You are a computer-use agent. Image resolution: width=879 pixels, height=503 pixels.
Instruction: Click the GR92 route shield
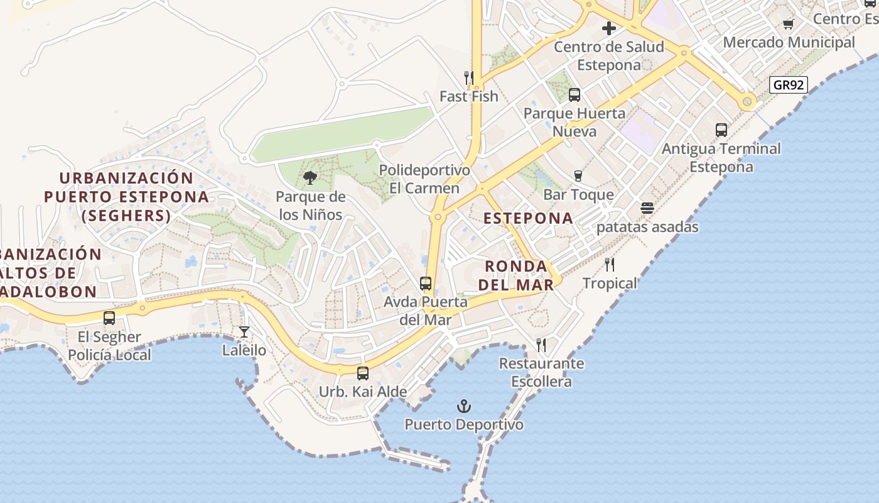pyautogui.click(x=788, y=85)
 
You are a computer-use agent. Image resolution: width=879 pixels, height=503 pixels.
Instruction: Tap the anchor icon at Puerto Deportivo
pyautogui.click(x=464, y=406)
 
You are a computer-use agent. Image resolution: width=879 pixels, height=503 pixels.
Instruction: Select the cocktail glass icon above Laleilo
pyautogui.click(x=244, y=331)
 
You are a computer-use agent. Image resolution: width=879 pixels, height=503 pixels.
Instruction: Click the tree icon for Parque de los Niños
pyautogui.click(x=310, y=178)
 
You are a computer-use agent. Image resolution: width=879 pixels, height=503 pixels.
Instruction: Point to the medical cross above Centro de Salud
pyautogui.click(x=608, y=28)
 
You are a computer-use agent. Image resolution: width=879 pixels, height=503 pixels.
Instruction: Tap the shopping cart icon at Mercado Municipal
pyautogui.click(x=789, y=24)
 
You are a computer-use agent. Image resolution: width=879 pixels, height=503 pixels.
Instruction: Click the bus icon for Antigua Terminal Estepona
pyautogui.click(x=721, y=130)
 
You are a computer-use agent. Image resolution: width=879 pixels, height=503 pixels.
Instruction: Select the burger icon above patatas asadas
pyautogui.click(x=647, y=208)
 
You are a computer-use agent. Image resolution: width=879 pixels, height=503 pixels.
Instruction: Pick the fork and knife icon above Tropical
pyautogui.click(x=610, y=264)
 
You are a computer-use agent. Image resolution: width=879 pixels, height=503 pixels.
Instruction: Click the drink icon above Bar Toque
pyautogui.click(x=578, y=176)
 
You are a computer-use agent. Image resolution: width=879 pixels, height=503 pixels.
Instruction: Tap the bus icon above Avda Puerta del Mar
pyautogui.click(x=426, y=284)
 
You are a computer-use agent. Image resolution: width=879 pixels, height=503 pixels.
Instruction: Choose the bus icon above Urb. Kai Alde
pyautogui.click(x=363, y=373)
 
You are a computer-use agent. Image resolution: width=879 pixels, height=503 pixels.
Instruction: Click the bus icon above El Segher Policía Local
pyautogui.click(x=109, y=318)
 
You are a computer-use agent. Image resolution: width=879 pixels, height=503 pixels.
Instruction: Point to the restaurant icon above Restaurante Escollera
pyautogui.click(x=541, y=345)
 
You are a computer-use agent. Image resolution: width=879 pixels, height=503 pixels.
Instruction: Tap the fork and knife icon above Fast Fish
pyautogui.click(x=469, y=78)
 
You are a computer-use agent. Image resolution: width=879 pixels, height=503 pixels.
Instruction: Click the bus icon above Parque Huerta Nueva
pyautogui.click(x=574, y=95)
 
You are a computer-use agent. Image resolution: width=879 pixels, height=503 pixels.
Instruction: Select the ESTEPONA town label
pyautogui.click(x=528, y=218)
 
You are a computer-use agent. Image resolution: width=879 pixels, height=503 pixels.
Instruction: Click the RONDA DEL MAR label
pyautogui.click(x=516, y=275)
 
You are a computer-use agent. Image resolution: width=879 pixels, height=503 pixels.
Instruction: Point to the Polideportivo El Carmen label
pyautogui.click(x=424, y=179)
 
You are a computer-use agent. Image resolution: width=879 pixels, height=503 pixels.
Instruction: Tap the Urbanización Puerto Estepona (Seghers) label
pyautogui.click(x=126, y=197)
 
